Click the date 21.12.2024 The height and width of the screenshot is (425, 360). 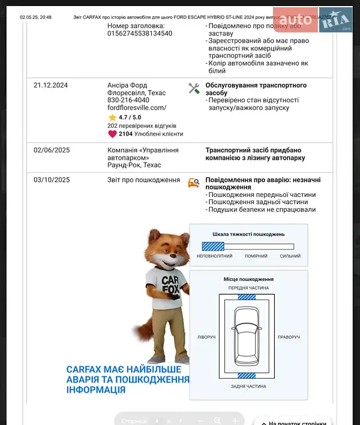tap(51, 85)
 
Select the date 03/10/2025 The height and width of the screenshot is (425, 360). tap(52, 180)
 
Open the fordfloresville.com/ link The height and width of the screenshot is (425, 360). tap(136, 108)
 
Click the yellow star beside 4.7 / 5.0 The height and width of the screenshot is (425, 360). tap(112, 118)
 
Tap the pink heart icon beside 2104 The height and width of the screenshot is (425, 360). tap(112, 134)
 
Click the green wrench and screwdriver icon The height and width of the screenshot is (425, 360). tap(194, 88)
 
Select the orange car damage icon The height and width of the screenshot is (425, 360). tap(193, 183)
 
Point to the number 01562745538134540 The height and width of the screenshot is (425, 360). tap(140, 34)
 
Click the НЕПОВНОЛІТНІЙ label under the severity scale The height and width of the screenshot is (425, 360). tap(214, 256)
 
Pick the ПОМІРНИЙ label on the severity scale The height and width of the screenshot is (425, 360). tap(256, 256)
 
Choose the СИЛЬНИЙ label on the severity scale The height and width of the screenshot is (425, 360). tap(290, 256)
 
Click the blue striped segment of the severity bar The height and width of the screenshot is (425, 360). tap(212, 246)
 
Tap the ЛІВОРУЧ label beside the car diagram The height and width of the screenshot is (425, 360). tap(206, 337)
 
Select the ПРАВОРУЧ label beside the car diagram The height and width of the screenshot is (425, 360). tap(289, 337)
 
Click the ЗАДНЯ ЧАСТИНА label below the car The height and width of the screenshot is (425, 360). tap(248, 387)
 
